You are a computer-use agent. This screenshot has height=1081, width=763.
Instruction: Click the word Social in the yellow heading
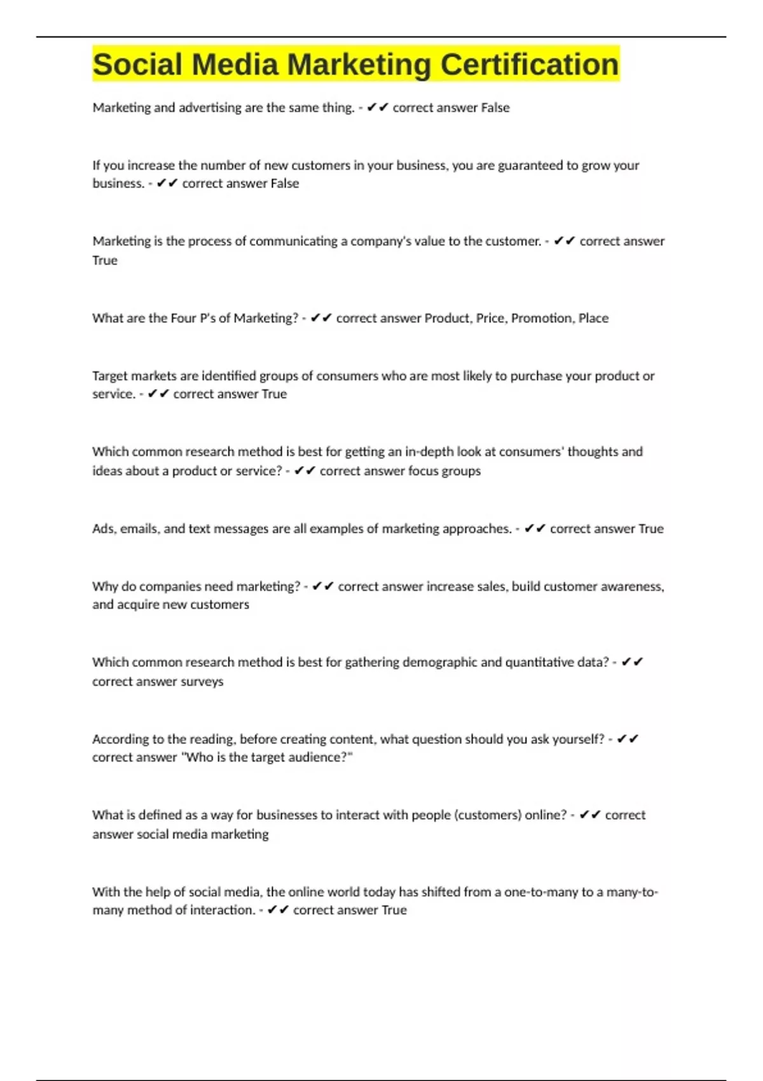point(137,64)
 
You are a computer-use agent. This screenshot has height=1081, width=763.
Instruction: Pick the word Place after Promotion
point(593,318)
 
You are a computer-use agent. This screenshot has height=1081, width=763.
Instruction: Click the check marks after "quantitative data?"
point(632,662)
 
